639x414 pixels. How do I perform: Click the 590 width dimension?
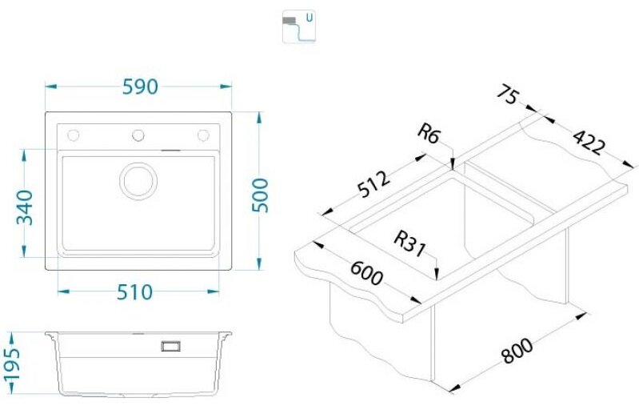(x=140, y=86)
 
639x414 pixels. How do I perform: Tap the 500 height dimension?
(x=261, y=195)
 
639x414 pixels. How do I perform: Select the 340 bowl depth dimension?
(x=25, y=207)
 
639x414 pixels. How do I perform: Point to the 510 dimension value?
(x=134, y=292)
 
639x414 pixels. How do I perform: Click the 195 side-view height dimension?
(x=11, y=365)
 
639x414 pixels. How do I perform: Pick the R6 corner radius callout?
(x=429, y=134)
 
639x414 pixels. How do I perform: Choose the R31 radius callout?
(x=410, y=244)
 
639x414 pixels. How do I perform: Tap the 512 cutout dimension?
(x=373, y=184)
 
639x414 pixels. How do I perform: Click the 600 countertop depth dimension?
(x=366, y=273)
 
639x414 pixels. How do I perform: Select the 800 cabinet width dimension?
(x=517, y=351)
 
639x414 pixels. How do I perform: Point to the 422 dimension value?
(x=589, y=143)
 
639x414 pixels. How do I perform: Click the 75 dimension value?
(x=509, y=94)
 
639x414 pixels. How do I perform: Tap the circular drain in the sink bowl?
(x=138, y=181)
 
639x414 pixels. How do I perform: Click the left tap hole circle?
(x=74, y=135)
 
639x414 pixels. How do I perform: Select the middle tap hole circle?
(x=138, y=135)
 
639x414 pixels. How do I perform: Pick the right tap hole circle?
(x=203, y=135)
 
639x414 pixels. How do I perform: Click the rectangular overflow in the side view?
(x=171, y=346)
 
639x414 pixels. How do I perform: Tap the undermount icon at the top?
(x=299, y=27)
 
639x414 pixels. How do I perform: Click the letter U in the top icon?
(x=310, y=18)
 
